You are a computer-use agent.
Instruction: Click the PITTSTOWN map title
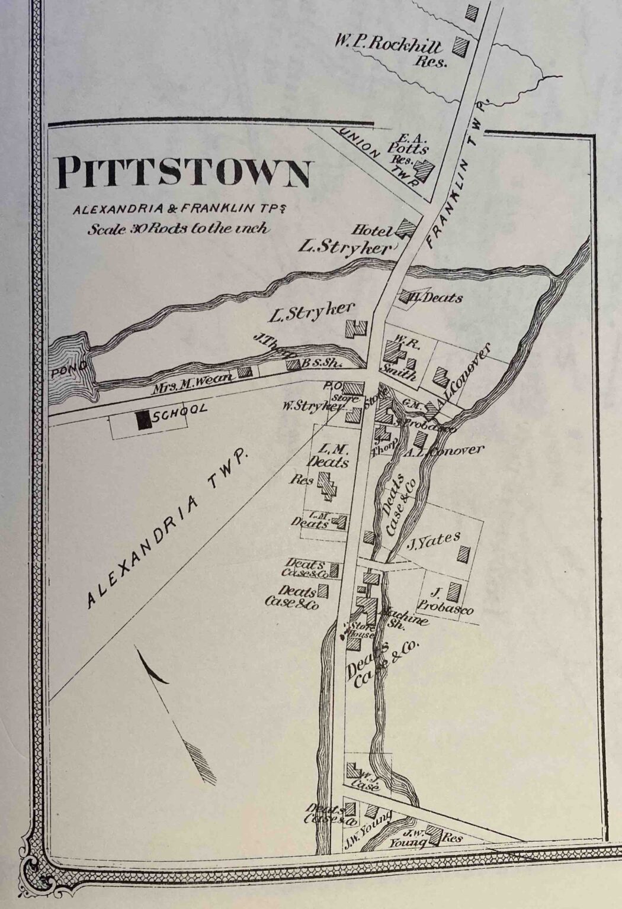182,172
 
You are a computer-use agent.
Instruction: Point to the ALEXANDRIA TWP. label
167,528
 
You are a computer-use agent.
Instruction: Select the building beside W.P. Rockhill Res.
463,46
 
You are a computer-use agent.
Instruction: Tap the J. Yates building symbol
464,555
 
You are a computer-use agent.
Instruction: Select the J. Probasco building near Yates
454,591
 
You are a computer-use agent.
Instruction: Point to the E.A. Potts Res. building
424,170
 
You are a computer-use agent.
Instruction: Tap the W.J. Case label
365,781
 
